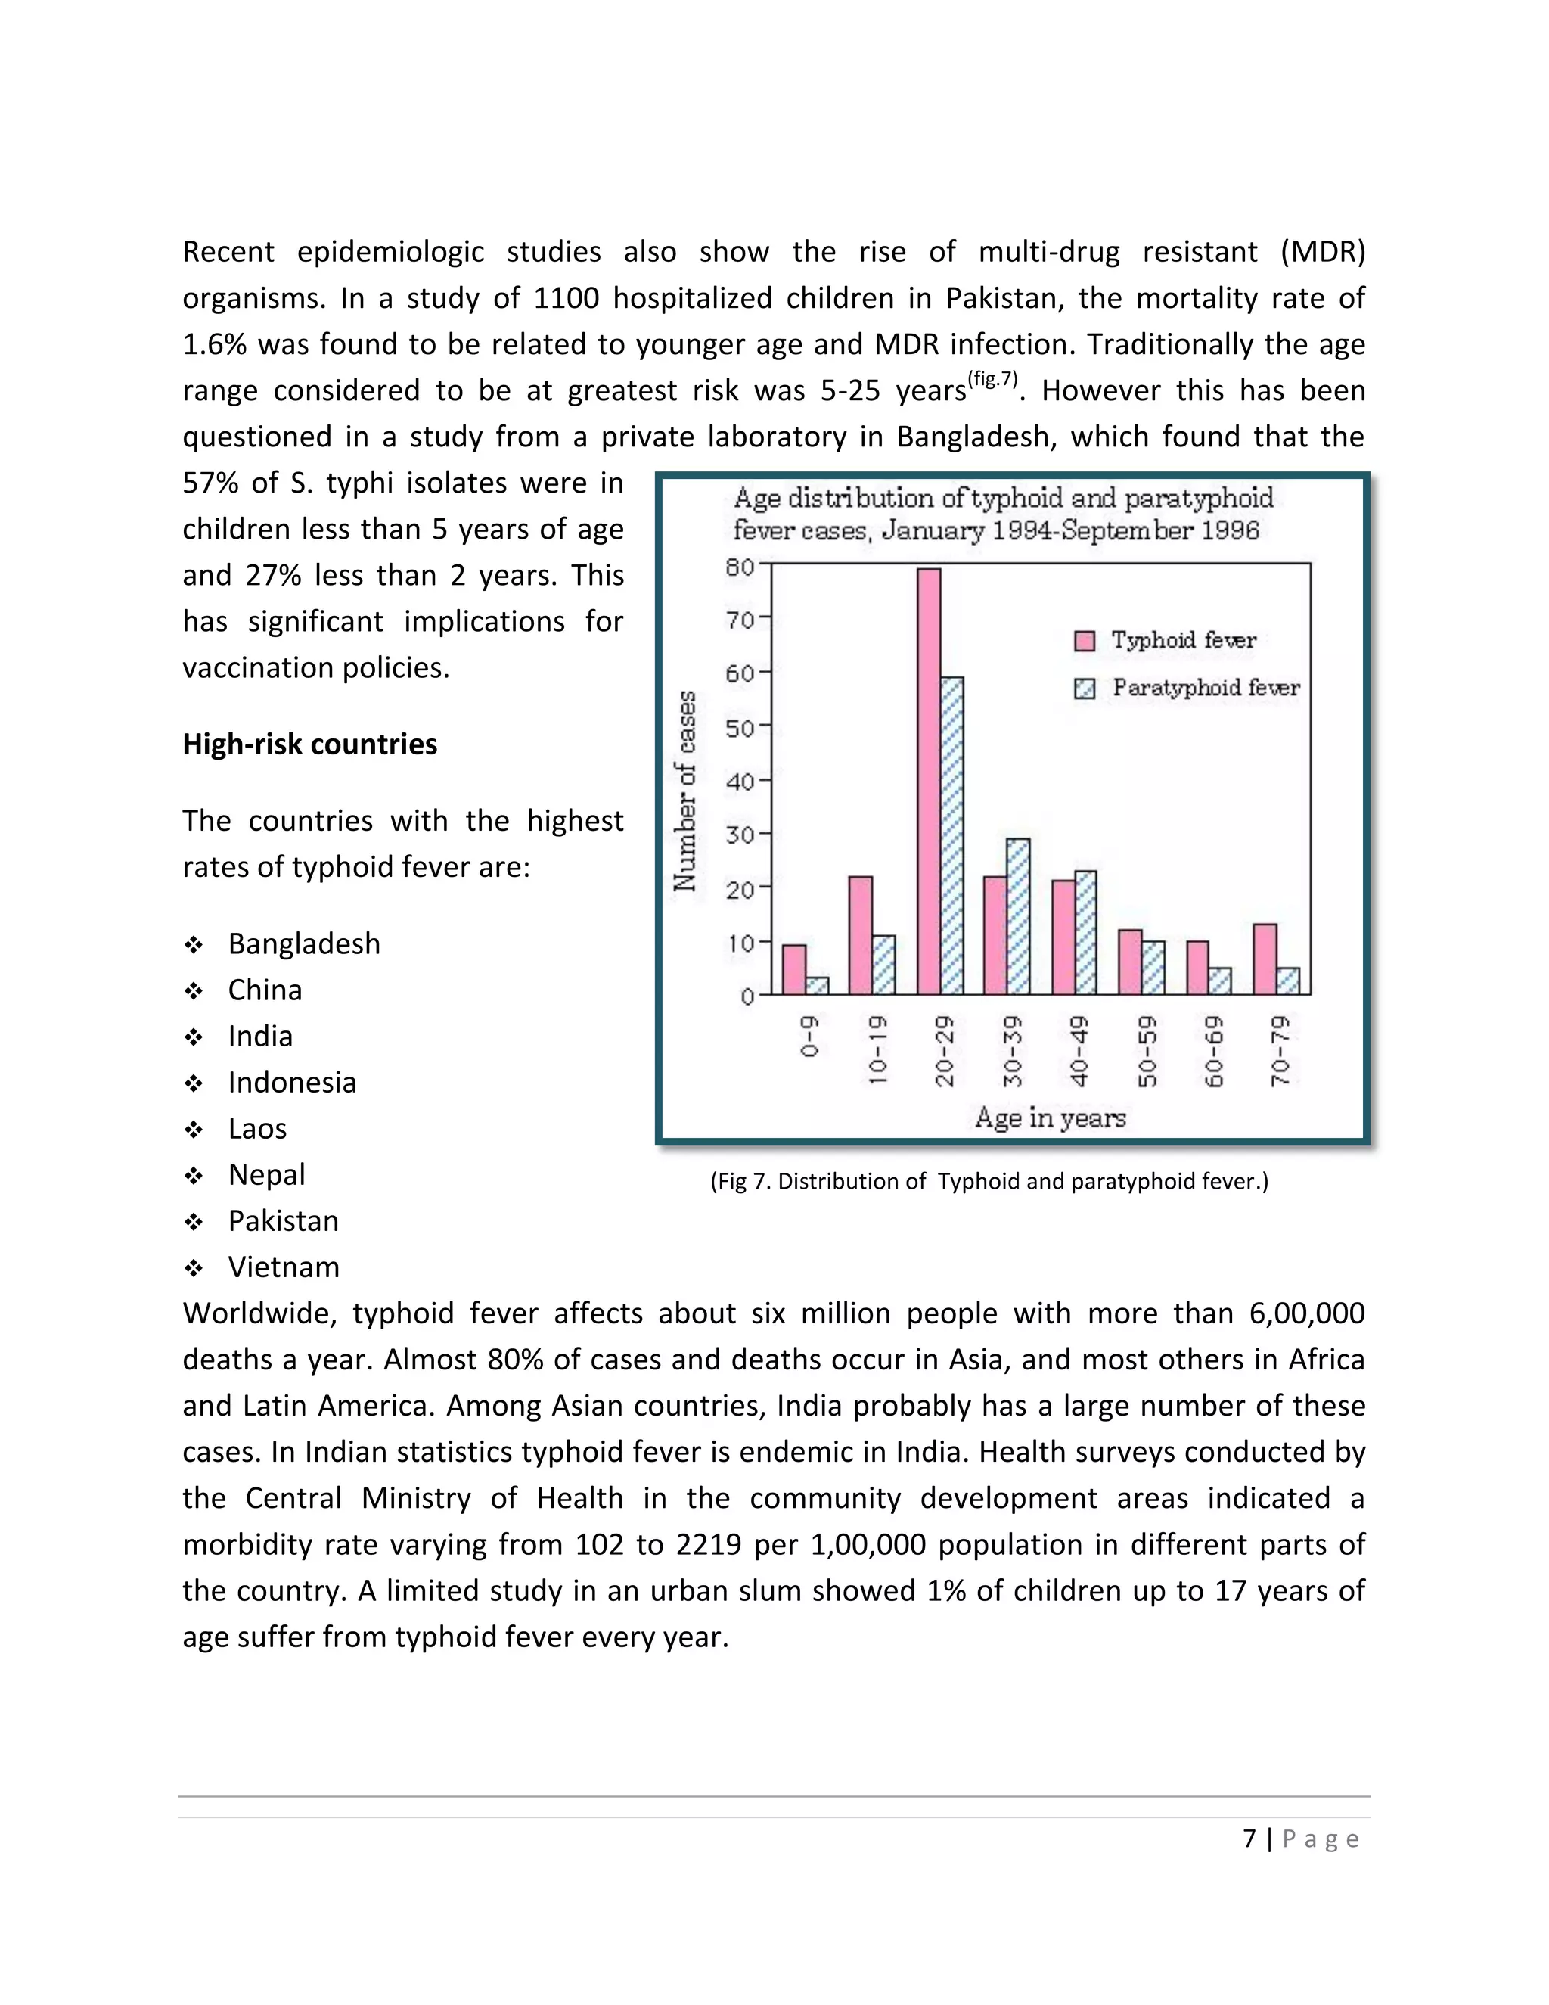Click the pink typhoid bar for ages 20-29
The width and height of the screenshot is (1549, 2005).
929,780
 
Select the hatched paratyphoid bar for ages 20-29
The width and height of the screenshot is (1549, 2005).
952,835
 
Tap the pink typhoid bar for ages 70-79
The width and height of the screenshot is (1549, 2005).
1265,959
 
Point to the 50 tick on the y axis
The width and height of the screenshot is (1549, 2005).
740,728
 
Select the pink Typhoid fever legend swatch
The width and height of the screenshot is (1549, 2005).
1084,641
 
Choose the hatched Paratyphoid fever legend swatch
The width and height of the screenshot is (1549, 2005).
1084,689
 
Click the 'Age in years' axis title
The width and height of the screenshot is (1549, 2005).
1050,1118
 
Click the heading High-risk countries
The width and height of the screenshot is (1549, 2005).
309,744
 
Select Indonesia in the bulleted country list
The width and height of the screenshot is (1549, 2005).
292,1083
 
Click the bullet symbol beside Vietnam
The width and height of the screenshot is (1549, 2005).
193,1269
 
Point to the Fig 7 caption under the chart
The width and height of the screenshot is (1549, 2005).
989,1182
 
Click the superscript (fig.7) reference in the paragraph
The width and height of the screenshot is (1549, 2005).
993,378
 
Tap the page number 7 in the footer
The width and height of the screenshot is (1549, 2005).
1249,1838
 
